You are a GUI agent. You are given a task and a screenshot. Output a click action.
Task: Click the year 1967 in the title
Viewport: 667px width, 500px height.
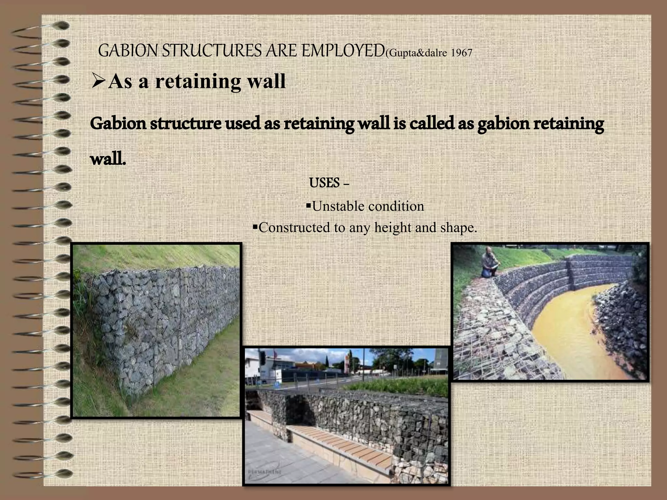click(x=461, y=53)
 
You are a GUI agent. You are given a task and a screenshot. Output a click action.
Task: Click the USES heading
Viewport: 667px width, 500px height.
click(x=324, y=183)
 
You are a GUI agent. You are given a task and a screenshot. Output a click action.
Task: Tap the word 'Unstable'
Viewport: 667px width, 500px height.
click(x=338, y=206)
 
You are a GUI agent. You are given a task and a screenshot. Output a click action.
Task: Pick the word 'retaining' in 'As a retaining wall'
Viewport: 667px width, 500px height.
click(x=198, y=81)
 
